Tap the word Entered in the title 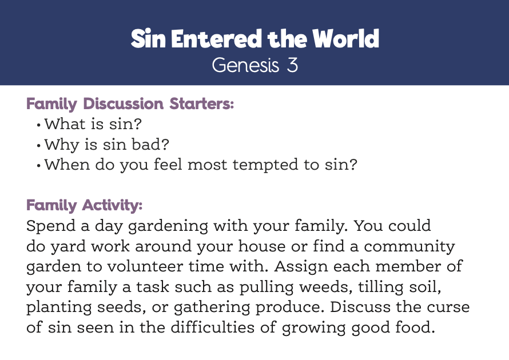[217, 39]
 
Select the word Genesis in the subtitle [245, 65]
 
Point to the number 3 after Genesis [292, 65]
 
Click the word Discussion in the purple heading [124, 104]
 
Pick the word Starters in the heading [201, 104]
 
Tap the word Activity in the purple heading [112, 205]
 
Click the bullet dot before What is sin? [39, 125]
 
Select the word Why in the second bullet [62, 145]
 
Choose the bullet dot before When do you [39, 165]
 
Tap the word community [409, 246]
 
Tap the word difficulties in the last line [213, 327]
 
